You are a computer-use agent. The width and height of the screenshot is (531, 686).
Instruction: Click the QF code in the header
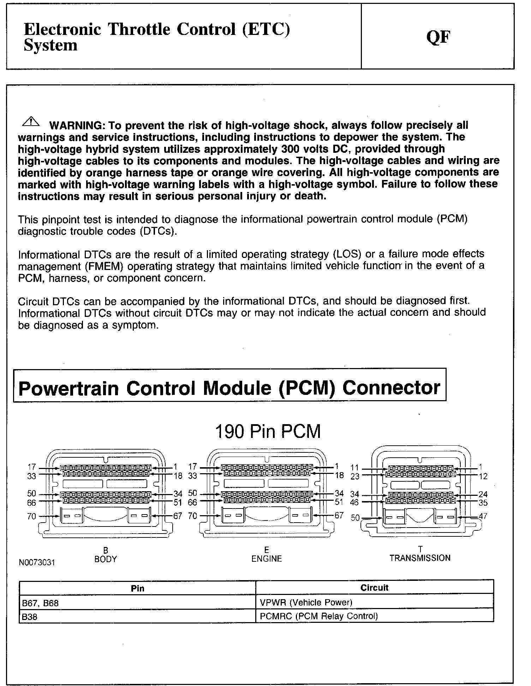(x=438, y=37)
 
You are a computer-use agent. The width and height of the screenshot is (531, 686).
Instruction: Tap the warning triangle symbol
(x=31, y=122)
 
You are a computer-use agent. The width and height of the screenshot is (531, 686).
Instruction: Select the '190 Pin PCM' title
(x=268, y=432)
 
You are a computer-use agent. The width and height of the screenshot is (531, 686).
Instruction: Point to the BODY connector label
(x=106, y=559)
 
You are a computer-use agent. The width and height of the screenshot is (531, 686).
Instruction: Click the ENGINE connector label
(x=267, y=559)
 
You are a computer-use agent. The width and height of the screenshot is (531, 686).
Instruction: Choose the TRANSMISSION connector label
(x=420, y=558)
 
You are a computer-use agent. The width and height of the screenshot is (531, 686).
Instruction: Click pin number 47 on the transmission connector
(x=483, y=516)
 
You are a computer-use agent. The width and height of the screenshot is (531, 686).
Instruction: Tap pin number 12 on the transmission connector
(x=483, y=476)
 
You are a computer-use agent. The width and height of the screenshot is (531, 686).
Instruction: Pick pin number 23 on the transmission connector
(x=355, y=476)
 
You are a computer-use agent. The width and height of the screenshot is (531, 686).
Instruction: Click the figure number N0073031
(x=37, y=562)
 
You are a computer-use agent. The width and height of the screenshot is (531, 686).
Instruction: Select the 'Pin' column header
(x=137, y=588)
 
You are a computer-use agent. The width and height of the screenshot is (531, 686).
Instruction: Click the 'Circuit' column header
(x=374, y=588)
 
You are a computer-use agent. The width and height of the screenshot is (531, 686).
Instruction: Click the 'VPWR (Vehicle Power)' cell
(x=306, y=602)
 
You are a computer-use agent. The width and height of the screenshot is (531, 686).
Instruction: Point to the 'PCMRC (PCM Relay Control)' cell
(x=319, y=616)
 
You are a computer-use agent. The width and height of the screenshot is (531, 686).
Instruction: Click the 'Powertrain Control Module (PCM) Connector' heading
(x=229, y=388)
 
